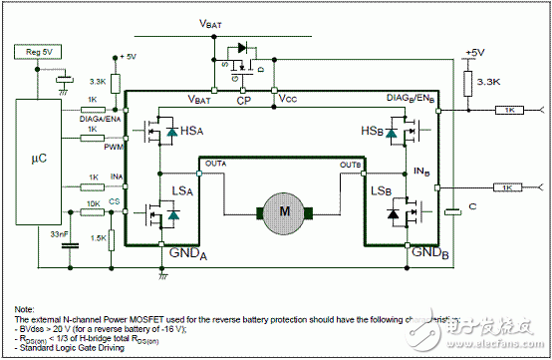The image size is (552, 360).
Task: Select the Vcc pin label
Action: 287,101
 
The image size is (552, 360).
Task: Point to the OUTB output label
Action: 349,164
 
